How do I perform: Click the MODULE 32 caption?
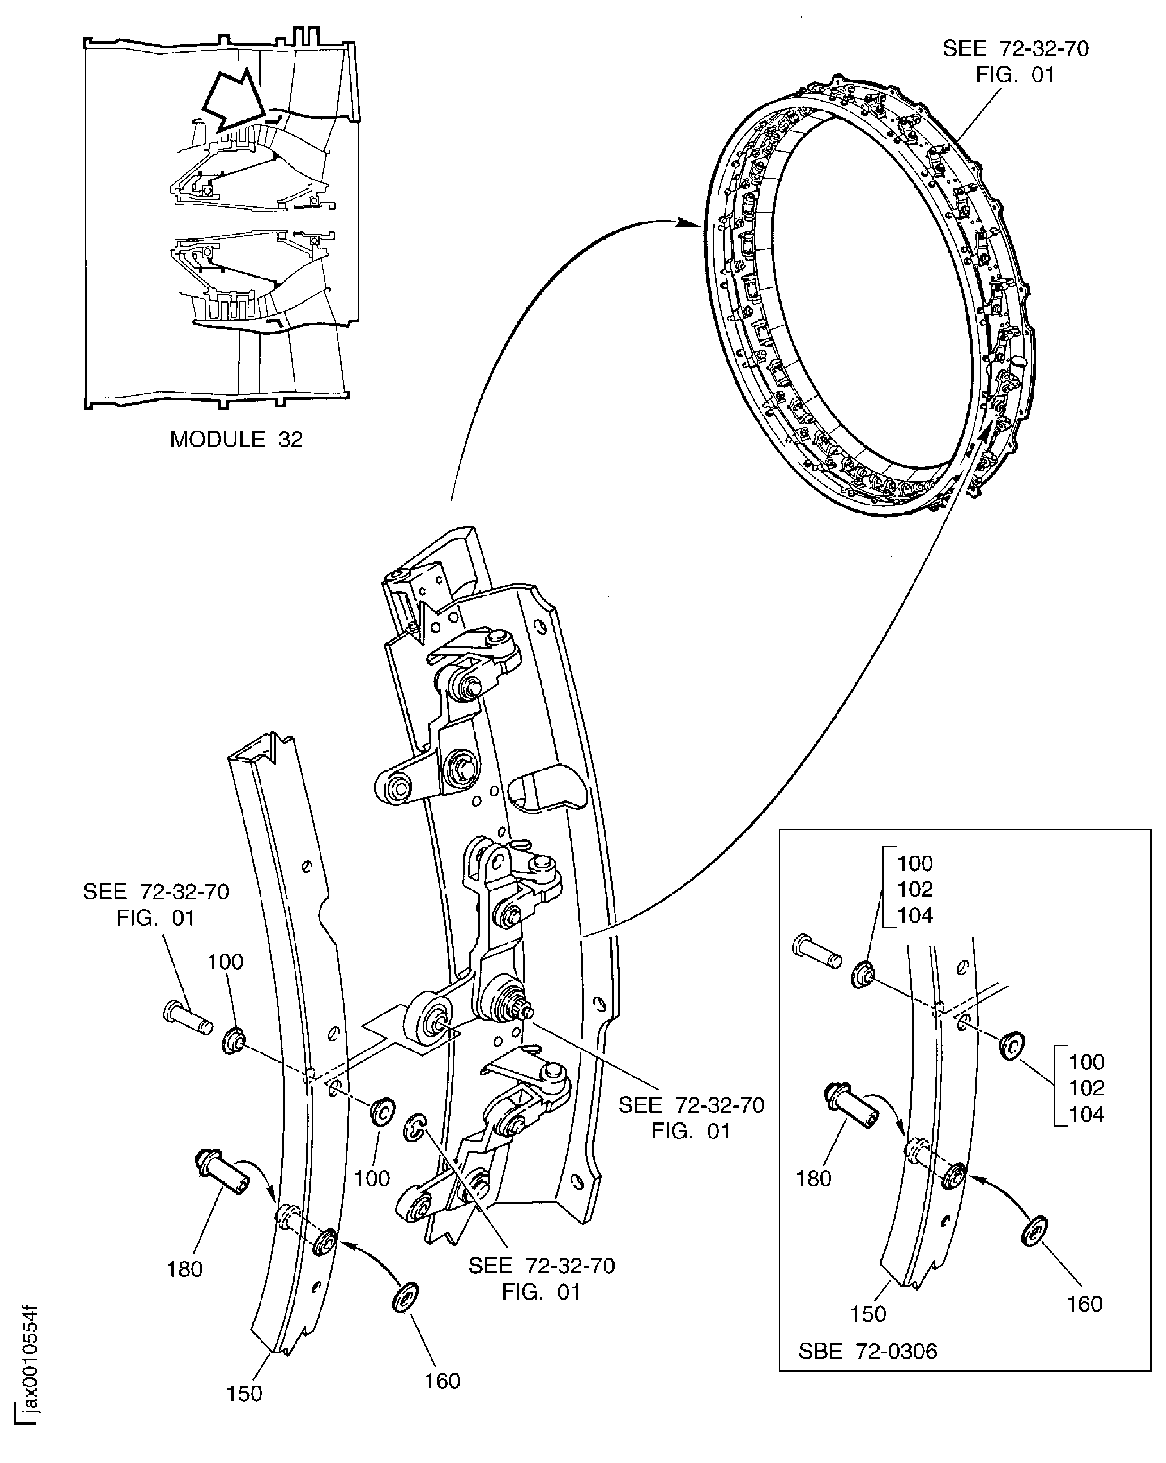pyautogui.click(x=235, y=439)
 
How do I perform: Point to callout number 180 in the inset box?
pyautogui.click(x=813, y=1179)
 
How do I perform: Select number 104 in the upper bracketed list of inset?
pyautogui.click(x=915, y=915)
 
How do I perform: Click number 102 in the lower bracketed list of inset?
pyautogui.click(x=1086, y=1088)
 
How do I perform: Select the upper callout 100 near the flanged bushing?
pyautogui.click(x=225, y=962)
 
